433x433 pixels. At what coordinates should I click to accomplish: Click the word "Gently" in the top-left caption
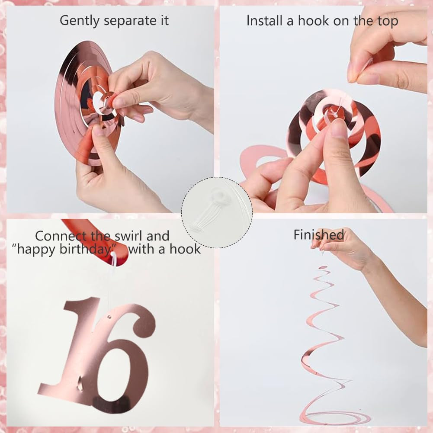coord(80,21)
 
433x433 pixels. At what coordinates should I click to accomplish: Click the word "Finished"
coord(319,235)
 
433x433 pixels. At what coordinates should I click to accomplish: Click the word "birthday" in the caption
coord(85,249)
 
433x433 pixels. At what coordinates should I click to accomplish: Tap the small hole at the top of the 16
coord(110,317)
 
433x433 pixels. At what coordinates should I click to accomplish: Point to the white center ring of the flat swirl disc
coord(98,103)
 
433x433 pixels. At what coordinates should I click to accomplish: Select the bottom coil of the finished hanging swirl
coord(334,417)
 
